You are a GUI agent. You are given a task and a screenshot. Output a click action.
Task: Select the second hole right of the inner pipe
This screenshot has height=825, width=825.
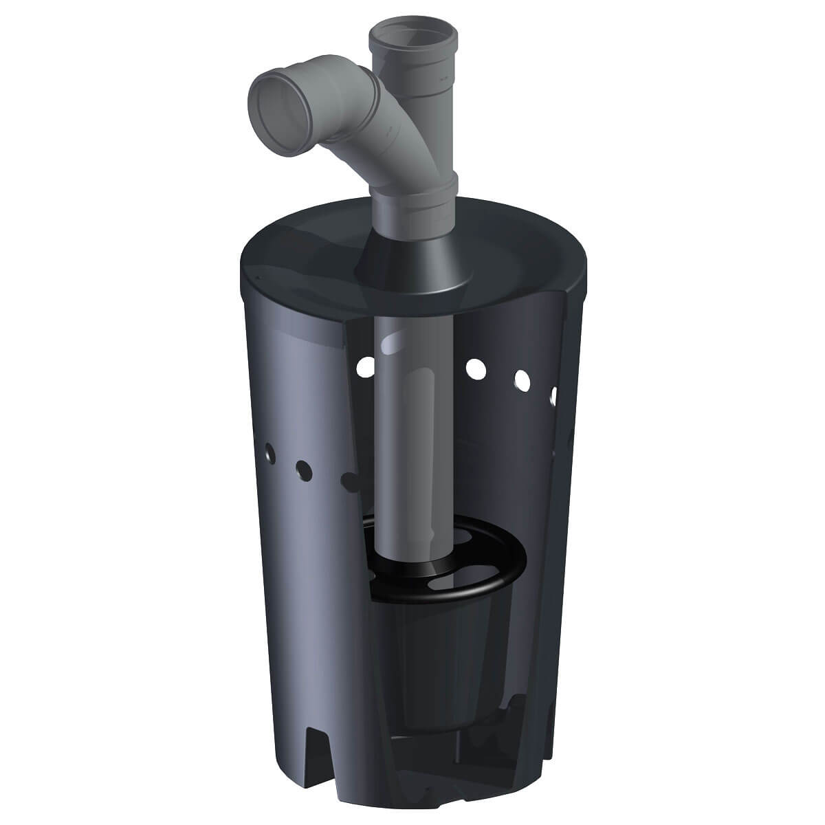(522, 379)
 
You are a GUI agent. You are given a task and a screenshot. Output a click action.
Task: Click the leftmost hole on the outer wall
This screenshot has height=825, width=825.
(271, 452)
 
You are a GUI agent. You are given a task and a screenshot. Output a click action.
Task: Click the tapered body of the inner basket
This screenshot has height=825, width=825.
(440, 653)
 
